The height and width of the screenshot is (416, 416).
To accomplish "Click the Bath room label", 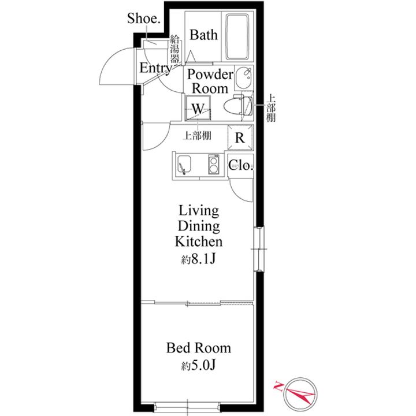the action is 203,35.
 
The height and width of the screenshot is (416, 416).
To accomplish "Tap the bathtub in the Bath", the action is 237,37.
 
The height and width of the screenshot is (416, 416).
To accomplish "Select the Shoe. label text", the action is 144,18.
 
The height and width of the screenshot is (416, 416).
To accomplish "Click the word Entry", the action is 156,68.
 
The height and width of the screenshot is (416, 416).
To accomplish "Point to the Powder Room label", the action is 210,81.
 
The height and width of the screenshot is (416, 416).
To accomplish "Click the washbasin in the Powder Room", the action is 244,77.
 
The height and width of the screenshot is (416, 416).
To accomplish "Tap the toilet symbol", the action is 238,106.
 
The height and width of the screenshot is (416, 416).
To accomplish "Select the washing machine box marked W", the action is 198,108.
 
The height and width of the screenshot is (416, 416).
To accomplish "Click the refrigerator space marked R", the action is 240,138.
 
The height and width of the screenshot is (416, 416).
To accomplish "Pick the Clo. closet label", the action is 240,166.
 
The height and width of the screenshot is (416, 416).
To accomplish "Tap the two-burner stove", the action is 214,165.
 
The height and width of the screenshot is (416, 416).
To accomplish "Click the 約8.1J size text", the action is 198,260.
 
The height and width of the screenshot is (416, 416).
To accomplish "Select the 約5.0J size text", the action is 198,366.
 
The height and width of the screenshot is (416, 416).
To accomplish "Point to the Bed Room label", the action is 198,348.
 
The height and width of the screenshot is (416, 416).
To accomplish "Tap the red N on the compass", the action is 278,386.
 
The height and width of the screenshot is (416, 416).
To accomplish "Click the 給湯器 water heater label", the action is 174,49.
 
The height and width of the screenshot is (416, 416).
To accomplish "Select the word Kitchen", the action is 199,242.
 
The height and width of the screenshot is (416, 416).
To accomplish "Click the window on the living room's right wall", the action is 259,249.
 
